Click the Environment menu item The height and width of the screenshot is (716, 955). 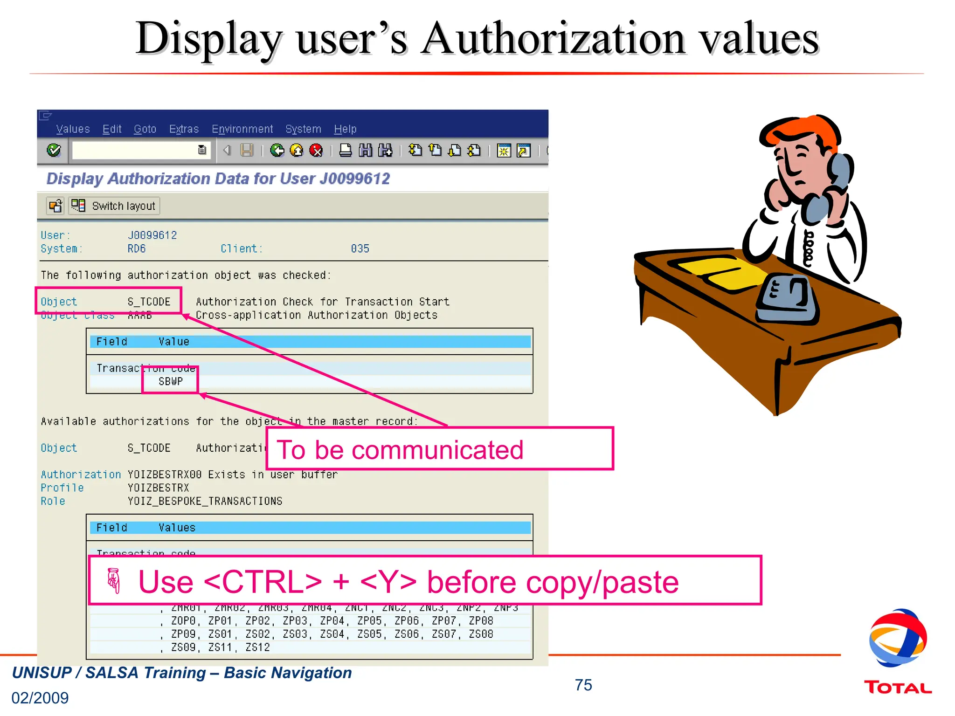tap(242, 129)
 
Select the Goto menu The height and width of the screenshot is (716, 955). tap(145, 129)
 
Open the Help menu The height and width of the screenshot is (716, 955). tap(345, 129)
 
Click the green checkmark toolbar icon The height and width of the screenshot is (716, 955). tap(54, 150)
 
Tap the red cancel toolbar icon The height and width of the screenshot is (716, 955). tap(316, 150)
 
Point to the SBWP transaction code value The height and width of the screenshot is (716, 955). tap(171, 381)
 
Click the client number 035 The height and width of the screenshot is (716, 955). tap(360, 248)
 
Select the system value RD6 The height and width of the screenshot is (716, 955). tap(137, 248)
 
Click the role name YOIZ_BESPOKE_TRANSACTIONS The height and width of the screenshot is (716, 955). tap(205, 501)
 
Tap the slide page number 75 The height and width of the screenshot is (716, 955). tap(583, 685)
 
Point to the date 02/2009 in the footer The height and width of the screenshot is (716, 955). tap(40, 698)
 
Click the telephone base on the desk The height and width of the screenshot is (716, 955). tap(788, 298)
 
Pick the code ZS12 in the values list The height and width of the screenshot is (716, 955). tap(257, 647)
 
